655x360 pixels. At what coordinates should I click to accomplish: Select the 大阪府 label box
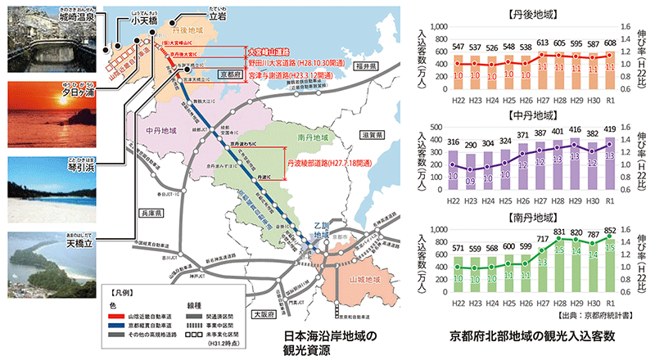262,313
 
